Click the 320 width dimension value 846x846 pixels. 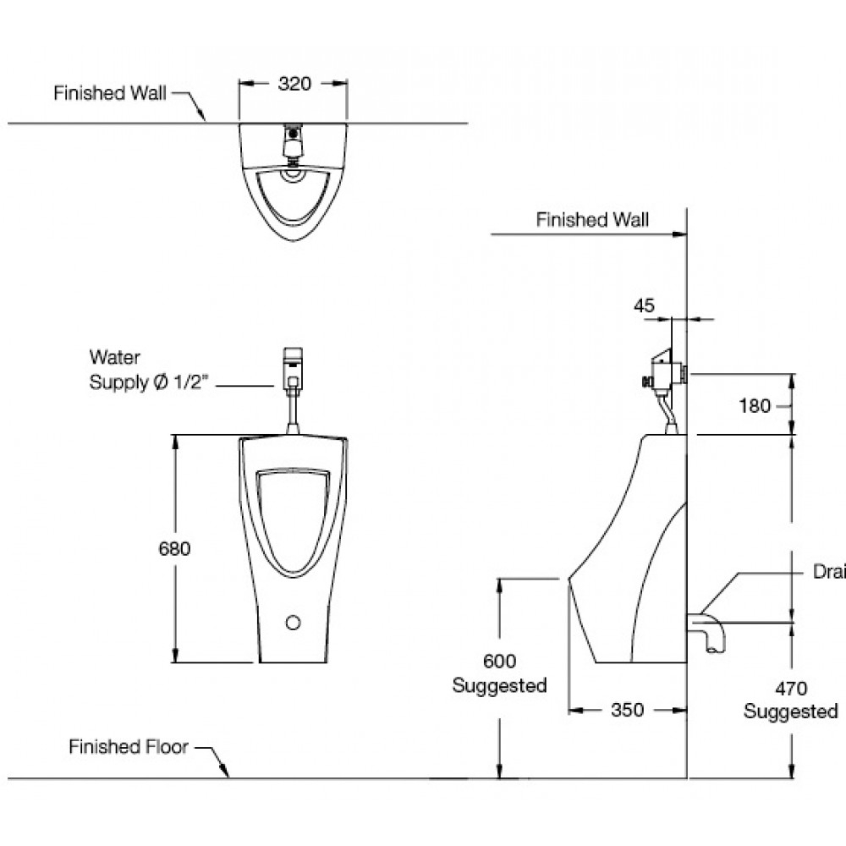pyautogui.click(x=294, y=84)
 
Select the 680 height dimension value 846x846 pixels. pyautogui.click(x=175, y=548)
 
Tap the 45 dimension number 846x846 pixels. pyautogui.click(x=644, y=306)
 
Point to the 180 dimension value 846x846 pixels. pyautogui.click(x=755, y=406)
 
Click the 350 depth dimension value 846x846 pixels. pyautogui.click(x=627, y=710)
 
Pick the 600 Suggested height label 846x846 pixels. pyautogui.click(x=499, y=673)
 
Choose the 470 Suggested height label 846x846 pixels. pyautogui.click(x=790, y=700)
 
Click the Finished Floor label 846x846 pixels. pyautogui.click(x=129, y=747)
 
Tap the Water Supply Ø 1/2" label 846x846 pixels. pyautogui.click(x=147, y=371)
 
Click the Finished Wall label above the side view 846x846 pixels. pyautogui.click(x=592, y=220)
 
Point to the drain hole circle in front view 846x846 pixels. pyautogui.click(x=294, y=624)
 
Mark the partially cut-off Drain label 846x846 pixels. pyautogui.click(x=829, y=573)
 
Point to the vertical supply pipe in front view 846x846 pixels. pyautogui.click(x=293, y=412)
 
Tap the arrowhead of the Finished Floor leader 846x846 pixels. pyautogui.click(x=227, y=773)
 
